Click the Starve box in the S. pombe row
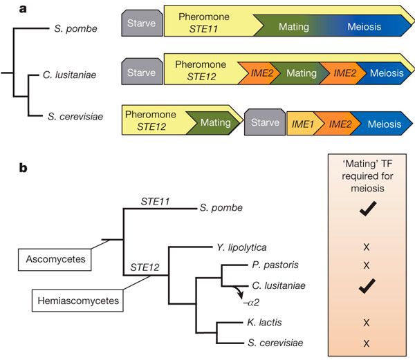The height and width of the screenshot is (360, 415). tap(141, 27)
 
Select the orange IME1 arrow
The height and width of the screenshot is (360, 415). tap(304, 124)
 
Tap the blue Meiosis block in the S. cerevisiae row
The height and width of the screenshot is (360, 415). tap(383, 124)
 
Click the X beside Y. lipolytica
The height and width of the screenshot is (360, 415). tap(367, 247)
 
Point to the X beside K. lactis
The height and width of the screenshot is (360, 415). tap(367, 323)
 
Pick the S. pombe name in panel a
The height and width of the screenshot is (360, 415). tap(77, 29)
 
